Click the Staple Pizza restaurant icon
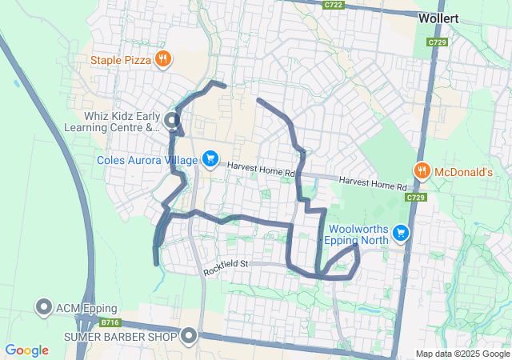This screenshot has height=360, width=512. (162, 58)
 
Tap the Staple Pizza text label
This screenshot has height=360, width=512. (120, 59)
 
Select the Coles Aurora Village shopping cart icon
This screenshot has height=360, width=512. (210, 160)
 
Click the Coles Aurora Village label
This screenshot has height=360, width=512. (146, 161)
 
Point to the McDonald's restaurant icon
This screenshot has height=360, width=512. (422, 170)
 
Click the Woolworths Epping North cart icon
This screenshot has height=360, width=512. (401, 234)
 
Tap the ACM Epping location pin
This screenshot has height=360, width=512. (43, 307)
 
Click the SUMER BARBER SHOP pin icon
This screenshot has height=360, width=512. (189, 335)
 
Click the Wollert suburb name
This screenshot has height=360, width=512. (438, 16)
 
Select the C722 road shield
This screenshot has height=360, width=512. (334, 5)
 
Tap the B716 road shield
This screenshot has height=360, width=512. (110, 322)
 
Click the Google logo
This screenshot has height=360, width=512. (26, 350)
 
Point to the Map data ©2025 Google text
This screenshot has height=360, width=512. (462, 354)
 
